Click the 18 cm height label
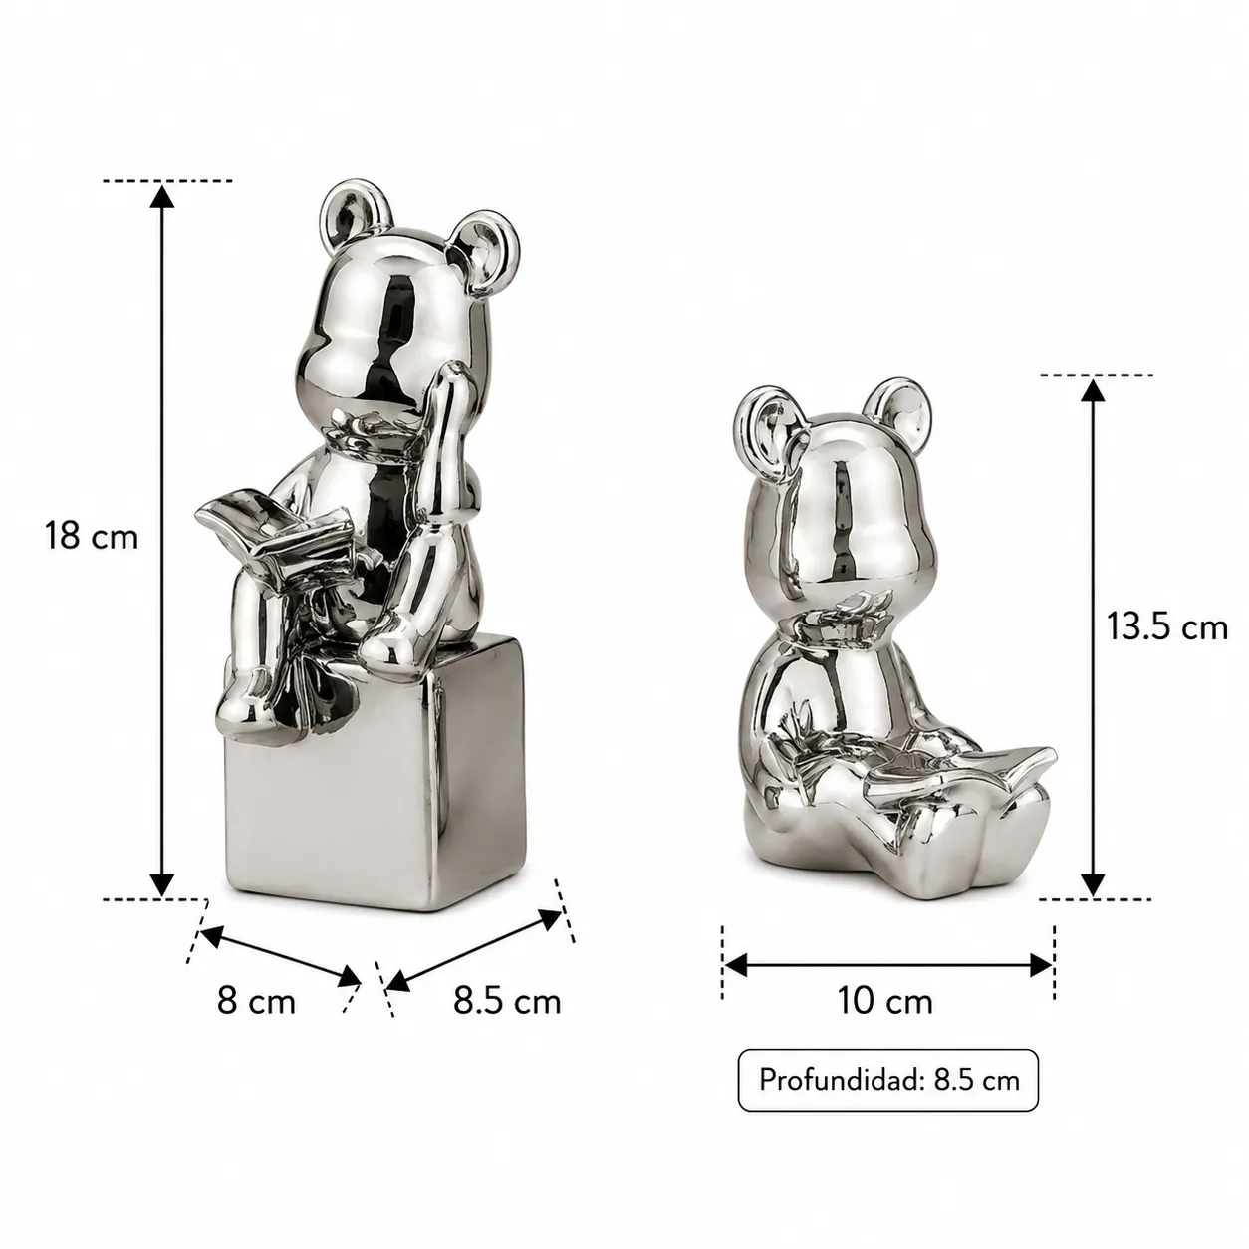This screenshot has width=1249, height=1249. point(92,537)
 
